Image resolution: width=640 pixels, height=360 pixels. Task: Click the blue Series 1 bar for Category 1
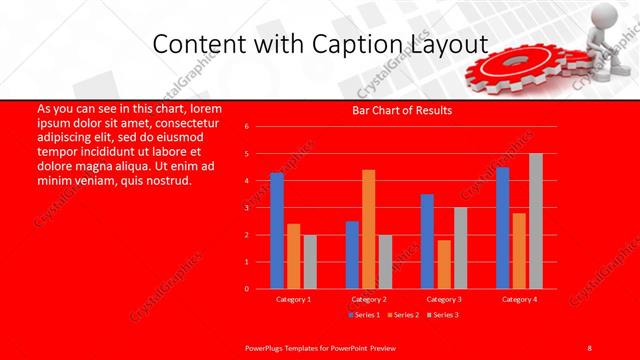(277, 231)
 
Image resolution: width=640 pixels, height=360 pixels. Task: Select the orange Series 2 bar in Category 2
(369, 229)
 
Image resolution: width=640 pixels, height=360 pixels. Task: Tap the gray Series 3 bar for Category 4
(536, 221)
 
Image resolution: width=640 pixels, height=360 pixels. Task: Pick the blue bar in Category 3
(427, 241)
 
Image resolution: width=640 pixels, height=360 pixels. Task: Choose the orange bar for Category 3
(444, 264)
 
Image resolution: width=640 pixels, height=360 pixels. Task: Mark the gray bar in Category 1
(310, 262)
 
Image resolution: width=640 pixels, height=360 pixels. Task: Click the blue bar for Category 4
(502, 228)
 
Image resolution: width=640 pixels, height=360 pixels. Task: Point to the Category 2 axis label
(368, 299)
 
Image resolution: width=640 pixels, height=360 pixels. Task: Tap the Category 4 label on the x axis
(519, 299)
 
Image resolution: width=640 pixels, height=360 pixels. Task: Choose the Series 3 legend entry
(445, 315)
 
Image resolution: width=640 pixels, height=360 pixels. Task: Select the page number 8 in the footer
(590, 346)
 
